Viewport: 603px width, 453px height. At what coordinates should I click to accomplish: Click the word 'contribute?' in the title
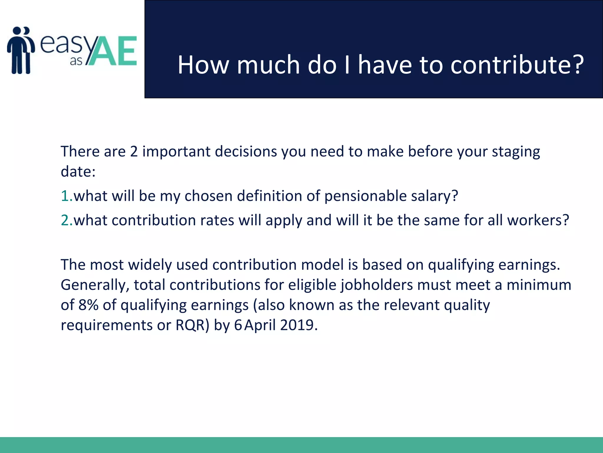[x=517, y=65]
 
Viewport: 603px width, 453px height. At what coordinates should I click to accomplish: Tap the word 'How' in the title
[x=203, y=65]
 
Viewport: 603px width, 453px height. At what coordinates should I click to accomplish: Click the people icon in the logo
[x=21, y=50]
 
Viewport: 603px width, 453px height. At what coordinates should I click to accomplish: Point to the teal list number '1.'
[x=67, y=196]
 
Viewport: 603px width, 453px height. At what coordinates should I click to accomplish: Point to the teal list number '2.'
[x=67, y=220]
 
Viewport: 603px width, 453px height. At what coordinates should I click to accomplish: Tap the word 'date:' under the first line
[x=78, y=172]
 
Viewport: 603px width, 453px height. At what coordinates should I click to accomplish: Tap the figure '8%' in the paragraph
[x=88, y=305]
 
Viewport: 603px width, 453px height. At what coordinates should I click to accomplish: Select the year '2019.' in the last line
[x=299, y=325]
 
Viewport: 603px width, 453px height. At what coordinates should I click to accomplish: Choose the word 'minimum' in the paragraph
[x=539, y=285]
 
